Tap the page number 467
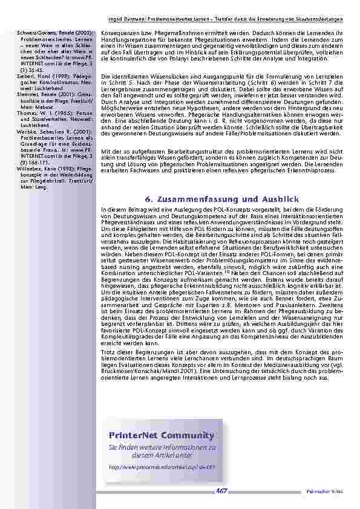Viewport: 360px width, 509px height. click(222, 491)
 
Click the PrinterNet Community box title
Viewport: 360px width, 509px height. click(162, 435)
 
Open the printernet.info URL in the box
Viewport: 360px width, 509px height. click(161, 466)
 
